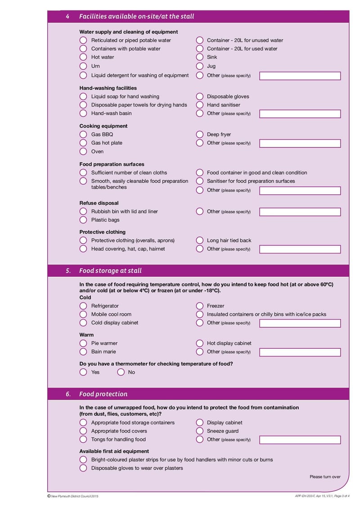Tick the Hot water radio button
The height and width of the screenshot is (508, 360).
click(x=83, y=57)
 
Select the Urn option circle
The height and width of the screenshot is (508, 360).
click(x=83, y=66)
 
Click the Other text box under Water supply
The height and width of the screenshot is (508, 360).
click(x=300, y=76)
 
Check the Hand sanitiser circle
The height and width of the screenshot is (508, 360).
click(x=200, y=105)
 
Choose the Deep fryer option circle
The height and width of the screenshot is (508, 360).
click(x=200, y=134)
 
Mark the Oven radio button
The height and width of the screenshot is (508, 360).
click(x=83, y=152)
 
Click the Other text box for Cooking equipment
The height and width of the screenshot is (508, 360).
click(x=300, y=143)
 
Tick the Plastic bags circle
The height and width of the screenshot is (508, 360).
click(x=83, y=220)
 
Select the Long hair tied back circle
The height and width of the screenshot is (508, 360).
click(x=200, y=241)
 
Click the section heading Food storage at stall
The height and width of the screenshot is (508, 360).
click(x=110, y=271)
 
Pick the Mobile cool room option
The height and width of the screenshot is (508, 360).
click(x=83, y=314)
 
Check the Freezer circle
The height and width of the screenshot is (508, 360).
click(x=200, y=306)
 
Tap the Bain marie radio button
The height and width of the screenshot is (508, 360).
click(x=83, y=352)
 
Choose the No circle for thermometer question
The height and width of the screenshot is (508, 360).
click(x=121, y=372)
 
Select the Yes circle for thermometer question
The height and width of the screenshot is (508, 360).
click(x=83, y=372)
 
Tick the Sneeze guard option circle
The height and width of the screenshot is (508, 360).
click(x=200, y=431)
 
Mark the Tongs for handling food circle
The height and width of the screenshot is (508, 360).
click(x=83, y=439)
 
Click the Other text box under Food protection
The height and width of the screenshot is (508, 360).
click(x=300, y=440)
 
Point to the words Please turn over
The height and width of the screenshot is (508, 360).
click(x=325, y=477)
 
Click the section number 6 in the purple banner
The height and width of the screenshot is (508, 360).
click(x=68, y=394)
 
